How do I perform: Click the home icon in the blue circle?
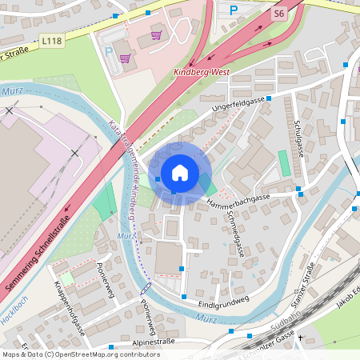180,173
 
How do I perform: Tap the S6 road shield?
278,14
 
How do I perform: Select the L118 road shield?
52,40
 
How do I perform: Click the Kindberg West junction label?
202,72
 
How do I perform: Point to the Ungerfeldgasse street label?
238,106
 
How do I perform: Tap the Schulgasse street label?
300,140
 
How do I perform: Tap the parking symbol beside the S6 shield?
234,10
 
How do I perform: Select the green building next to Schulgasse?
284,163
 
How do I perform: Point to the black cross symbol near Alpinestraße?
301,338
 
